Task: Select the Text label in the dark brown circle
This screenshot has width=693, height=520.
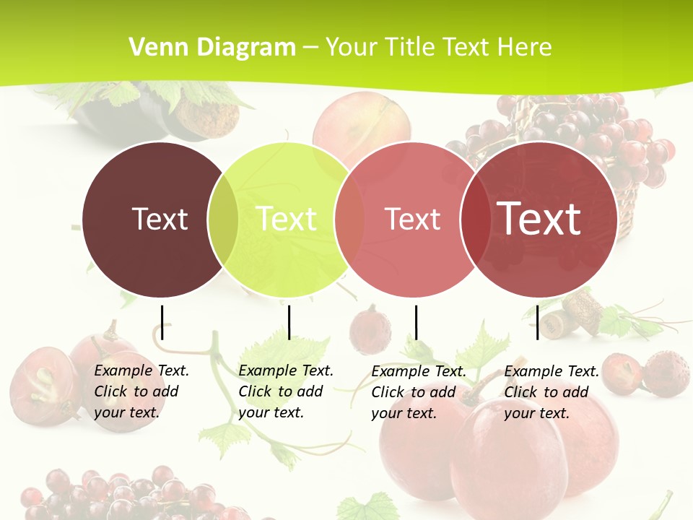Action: (160, 219)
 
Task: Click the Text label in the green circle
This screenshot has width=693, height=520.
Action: (287, 219)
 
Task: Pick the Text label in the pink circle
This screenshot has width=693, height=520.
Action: (412, 219)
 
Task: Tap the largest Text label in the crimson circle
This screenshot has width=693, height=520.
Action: (539, 218)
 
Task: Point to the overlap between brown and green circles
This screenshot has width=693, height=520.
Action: (223, 219)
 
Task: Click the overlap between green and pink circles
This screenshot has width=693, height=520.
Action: (349, 219)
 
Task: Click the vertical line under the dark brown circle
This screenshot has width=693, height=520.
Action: (162, 322)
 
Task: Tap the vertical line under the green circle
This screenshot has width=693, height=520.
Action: (289, 322)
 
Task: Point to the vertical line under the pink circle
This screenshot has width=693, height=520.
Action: (416, 322)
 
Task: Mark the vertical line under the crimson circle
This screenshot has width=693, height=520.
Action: (537, 322)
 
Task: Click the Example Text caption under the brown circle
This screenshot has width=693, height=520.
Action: (141, 391)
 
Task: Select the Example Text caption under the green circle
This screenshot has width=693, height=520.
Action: (285, 391)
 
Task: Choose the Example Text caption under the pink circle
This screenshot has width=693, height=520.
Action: (418, 392)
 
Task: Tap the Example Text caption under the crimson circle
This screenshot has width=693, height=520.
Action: (551, 392)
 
